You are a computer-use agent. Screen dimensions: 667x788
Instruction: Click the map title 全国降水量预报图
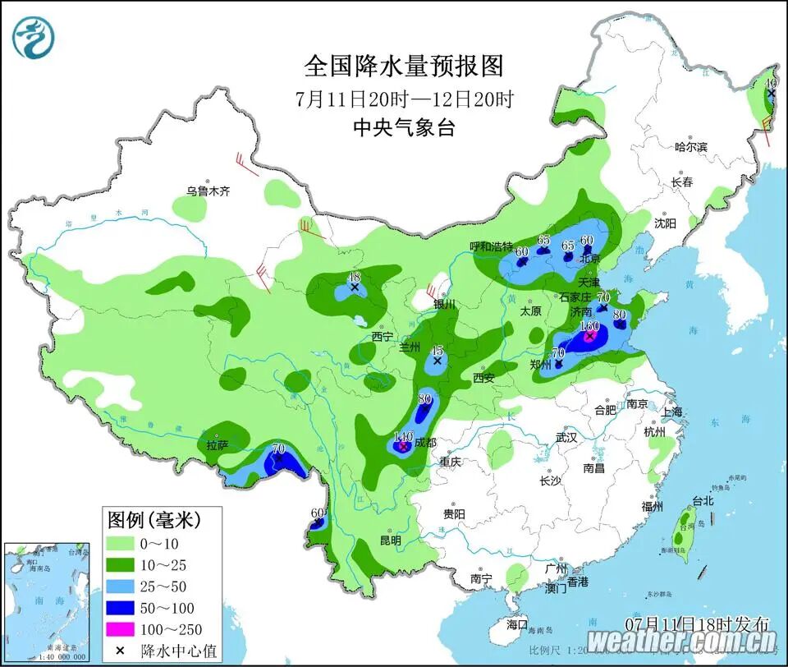[x=403, y=65]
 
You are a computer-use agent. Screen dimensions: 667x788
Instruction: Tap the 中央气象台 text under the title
[x=403, y=127]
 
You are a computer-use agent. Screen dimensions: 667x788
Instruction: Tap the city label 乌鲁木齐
[x=208, y=191]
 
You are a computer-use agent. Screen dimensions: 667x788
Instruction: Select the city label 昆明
[x=391, y=540]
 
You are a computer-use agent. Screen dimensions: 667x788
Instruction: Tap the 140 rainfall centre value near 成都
[x=403, y=436]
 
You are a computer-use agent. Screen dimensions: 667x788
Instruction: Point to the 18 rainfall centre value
[x=355, y=277]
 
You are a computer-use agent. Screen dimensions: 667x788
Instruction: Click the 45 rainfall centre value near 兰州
[x=438, y=350]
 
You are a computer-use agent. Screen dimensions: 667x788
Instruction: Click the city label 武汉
[x=566, y=438]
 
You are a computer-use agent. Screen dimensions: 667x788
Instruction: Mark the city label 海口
[x=517, y=624]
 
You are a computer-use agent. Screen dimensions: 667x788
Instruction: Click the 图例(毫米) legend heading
[x=153, y=519]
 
